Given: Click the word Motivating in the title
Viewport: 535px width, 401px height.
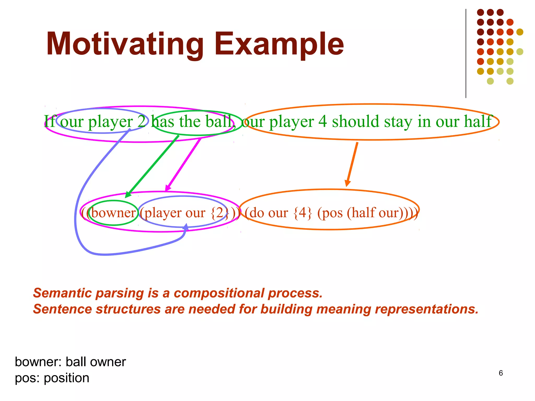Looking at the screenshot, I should (125, 44).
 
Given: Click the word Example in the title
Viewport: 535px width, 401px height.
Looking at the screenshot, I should (279, 44).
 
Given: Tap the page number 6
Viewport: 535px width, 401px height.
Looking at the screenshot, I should (501, 373).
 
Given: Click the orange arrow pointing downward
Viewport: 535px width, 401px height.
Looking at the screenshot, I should (352, 164).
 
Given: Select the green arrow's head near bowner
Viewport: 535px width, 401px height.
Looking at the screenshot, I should (128, 195).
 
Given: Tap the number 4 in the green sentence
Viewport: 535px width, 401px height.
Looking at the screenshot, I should (322, 122).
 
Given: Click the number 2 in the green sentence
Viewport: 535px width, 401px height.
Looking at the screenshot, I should (141, 122).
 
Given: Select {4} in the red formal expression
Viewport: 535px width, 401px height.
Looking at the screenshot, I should (303, 213).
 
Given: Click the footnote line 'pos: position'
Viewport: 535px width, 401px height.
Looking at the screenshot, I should (52, 378).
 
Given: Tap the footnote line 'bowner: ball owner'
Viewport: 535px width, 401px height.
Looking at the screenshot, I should (70, 362).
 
